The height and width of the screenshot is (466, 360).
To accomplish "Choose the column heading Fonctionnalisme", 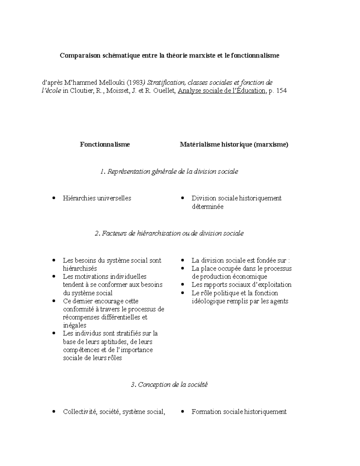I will [x=105, y=144].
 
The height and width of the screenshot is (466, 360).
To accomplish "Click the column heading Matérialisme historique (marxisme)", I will [x=234, y=144].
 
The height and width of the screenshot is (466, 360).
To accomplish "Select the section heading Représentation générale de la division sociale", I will [x=173, y=172].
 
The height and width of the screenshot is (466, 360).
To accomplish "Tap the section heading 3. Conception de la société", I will [x=169, y=385].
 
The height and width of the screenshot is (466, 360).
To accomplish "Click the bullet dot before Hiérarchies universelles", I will [x=54, y=198].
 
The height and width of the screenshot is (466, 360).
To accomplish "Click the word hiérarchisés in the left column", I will [x=80, y=269].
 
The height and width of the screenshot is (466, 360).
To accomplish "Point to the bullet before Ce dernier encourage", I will [x=54, y=301].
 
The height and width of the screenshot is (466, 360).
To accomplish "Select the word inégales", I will [x=74, y=325].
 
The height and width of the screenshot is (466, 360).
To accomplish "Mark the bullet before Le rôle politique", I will [x=182, y=293].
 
